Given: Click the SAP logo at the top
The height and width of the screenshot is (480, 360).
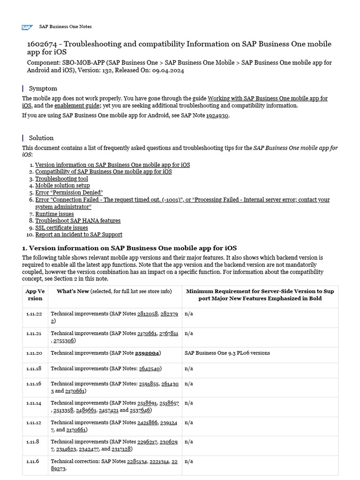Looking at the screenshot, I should click(26, 27).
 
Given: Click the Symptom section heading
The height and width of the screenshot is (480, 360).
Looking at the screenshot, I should click(43, 88).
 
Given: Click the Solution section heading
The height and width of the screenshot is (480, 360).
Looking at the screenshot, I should click(41, 138).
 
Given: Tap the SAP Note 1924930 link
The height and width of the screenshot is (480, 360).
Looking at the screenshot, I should click(217, 115).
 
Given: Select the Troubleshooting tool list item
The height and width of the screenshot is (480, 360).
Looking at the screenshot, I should click(61, 179).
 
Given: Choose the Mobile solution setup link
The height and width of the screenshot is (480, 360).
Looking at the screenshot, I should click(62, 186).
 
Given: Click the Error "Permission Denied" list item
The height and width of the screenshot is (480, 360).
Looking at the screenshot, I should click(69, 193).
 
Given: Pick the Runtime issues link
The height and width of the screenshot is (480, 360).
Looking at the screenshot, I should click(54, 214).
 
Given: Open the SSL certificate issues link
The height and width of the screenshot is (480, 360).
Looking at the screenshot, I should click(61, 228).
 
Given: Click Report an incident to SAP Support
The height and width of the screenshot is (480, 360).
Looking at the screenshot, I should click(79, 234).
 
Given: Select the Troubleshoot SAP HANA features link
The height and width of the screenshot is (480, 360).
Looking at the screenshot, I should click(78, 221).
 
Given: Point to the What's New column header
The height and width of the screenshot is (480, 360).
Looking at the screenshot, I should click(73, 291).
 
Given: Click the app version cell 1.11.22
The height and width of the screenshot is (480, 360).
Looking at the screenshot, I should click(34, 314).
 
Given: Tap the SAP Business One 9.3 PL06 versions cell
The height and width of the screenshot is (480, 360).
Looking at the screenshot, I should click(227, 353).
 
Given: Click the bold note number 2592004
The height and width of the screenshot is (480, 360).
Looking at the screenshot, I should click(147, 353).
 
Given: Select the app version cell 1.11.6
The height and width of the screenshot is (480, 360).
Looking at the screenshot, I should click(33, 461).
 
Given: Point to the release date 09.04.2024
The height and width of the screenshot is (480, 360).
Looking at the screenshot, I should click(168, 70).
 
